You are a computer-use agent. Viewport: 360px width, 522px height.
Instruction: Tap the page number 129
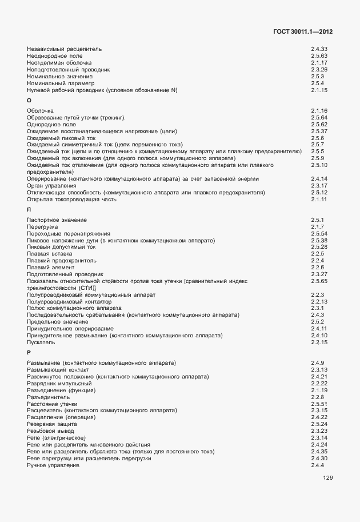point(327,478)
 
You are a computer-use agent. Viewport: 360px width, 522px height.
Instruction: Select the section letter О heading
point(29,101)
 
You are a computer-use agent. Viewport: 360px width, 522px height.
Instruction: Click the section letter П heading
point(29,210)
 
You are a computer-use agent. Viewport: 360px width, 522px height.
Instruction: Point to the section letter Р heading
point(29,353)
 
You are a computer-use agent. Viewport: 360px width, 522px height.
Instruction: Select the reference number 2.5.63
point(319,56)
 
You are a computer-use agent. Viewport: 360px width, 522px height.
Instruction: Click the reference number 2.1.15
point(319,90)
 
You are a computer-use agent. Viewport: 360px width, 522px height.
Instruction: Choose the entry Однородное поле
point(51,124)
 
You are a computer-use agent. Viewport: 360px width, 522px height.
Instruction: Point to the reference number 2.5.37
point(319,131)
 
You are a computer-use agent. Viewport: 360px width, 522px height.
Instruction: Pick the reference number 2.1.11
point(319,199)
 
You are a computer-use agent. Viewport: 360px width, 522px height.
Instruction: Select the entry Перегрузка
point(42,227)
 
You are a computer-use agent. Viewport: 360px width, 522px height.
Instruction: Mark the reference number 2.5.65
point(319,281)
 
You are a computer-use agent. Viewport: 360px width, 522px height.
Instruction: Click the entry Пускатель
point(41,342)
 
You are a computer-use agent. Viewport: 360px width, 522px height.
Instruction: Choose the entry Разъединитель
point(49,397)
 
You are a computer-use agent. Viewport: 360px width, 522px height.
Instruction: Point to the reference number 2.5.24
point(319,424)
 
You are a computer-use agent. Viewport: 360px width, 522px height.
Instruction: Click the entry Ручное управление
point(53,465)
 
